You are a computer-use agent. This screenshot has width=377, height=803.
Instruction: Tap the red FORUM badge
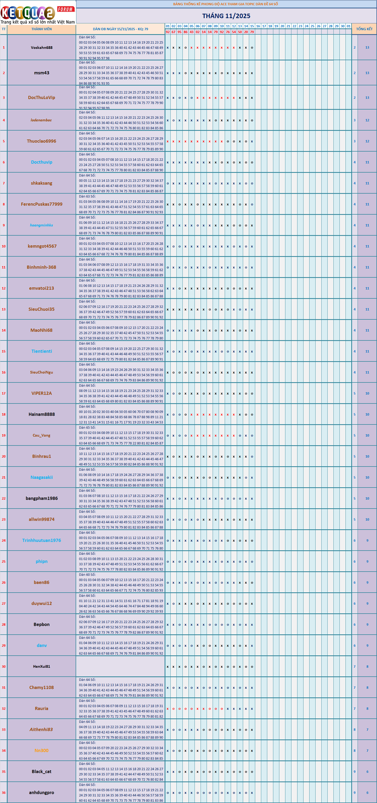click(65, 9)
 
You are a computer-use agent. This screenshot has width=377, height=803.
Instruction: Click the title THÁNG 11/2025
click(226, 16)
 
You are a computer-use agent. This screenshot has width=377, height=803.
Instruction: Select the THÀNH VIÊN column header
click(41, 29)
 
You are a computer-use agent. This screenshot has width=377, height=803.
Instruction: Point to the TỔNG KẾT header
click(364, 29)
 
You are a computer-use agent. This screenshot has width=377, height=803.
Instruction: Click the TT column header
click(3, 29)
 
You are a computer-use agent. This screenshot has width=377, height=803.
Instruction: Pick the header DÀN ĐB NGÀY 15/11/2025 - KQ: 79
click(120, 29)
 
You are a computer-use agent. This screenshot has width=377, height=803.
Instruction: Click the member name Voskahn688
click(41, 47)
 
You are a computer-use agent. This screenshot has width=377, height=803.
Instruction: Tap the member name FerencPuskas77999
click(41, 204)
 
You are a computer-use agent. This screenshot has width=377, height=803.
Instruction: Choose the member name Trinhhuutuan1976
click(41, 540)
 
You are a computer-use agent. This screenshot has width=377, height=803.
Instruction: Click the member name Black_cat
click(41, 771)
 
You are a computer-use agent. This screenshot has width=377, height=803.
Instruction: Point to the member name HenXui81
click(41, 666)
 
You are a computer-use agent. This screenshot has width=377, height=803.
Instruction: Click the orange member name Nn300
click(41, 750)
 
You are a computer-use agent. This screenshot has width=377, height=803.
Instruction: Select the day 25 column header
click(312, 26)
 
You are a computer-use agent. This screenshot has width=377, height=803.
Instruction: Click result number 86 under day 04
click(185, 32)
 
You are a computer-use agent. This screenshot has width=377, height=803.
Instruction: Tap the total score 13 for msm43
click(367, 73)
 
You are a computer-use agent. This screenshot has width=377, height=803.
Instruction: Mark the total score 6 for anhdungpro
click(367, 792)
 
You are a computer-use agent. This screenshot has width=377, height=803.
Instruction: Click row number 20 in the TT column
click(3, 456)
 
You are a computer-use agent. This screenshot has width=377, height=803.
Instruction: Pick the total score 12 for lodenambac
click(367, 120)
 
